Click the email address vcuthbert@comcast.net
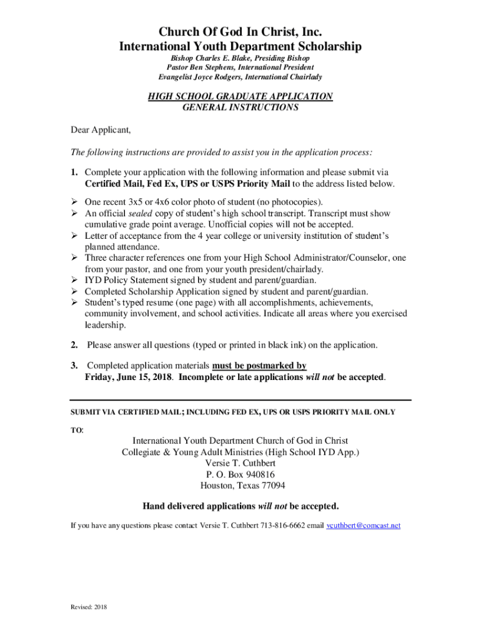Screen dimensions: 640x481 coord(364,526)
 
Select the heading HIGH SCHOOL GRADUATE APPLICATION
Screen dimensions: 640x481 coord(240,96)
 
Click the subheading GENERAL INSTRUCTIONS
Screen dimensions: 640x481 coord(240,107)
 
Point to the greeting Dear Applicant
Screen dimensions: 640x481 coord(100,130)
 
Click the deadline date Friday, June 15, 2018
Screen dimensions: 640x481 coord(129,377)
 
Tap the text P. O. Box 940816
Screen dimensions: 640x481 coord(240,474)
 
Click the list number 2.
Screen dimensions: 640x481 coord(74,344)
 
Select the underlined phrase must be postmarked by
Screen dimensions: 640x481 coord(259,366)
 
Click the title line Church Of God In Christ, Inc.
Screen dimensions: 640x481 coord(240,32)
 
